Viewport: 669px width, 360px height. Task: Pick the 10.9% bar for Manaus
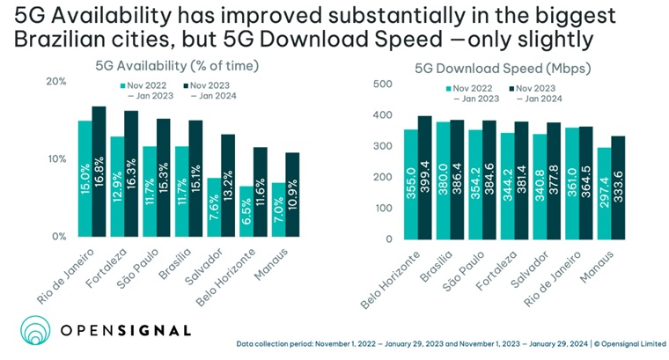click(x=292, y=195)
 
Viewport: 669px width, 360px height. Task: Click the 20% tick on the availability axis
click(x=56, y=82)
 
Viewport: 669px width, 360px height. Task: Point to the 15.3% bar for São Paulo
click(x=164, y=177)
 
